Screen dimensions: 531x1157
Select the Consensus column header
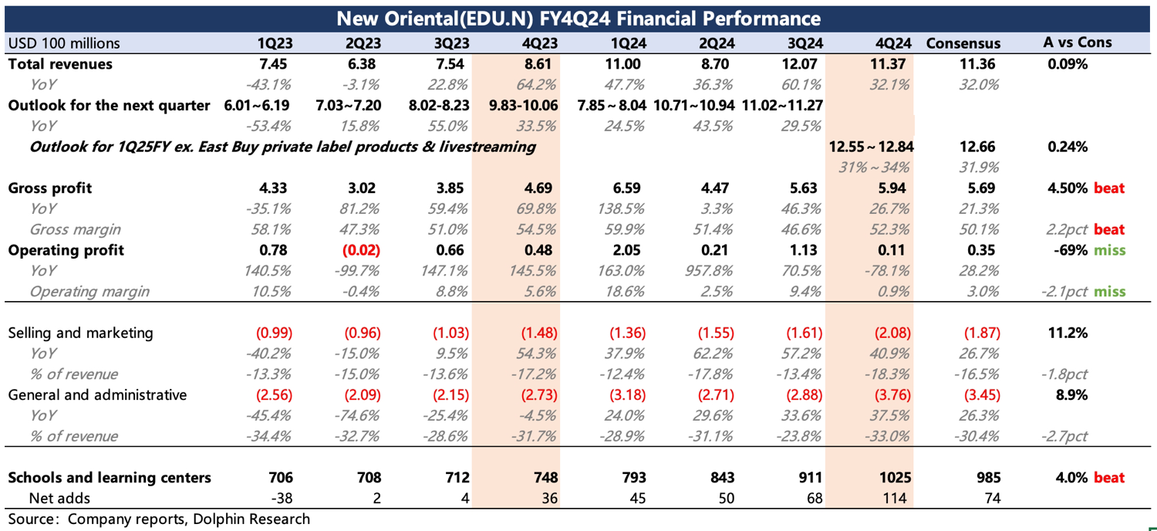(x=963, y=43)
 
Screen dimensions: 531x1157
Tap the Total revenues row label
(x=60, y=64)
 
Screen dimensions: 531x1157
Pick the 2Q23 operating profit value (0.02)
(x=362, y=250)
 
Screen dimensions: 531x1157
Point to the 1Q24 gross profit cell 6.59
(x=626, y=188)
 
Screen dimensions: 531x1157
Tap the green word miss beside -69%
(x=1109, y=250)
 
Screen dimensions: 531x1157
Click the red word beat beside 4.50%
(x=1108, y=188)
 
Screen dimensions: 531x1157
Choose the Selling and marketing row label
(x=80, y=333)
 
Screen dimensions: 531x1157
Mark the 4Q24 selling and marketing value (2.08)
(x=892, y=333)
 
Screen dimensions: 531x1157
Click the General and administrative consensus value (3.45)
(x=982, y=395)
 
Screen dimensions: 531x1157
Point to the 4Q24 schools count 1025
(x=894, y=478)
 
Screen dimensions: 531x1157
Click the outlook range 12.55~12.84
(x=870, y=147)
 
